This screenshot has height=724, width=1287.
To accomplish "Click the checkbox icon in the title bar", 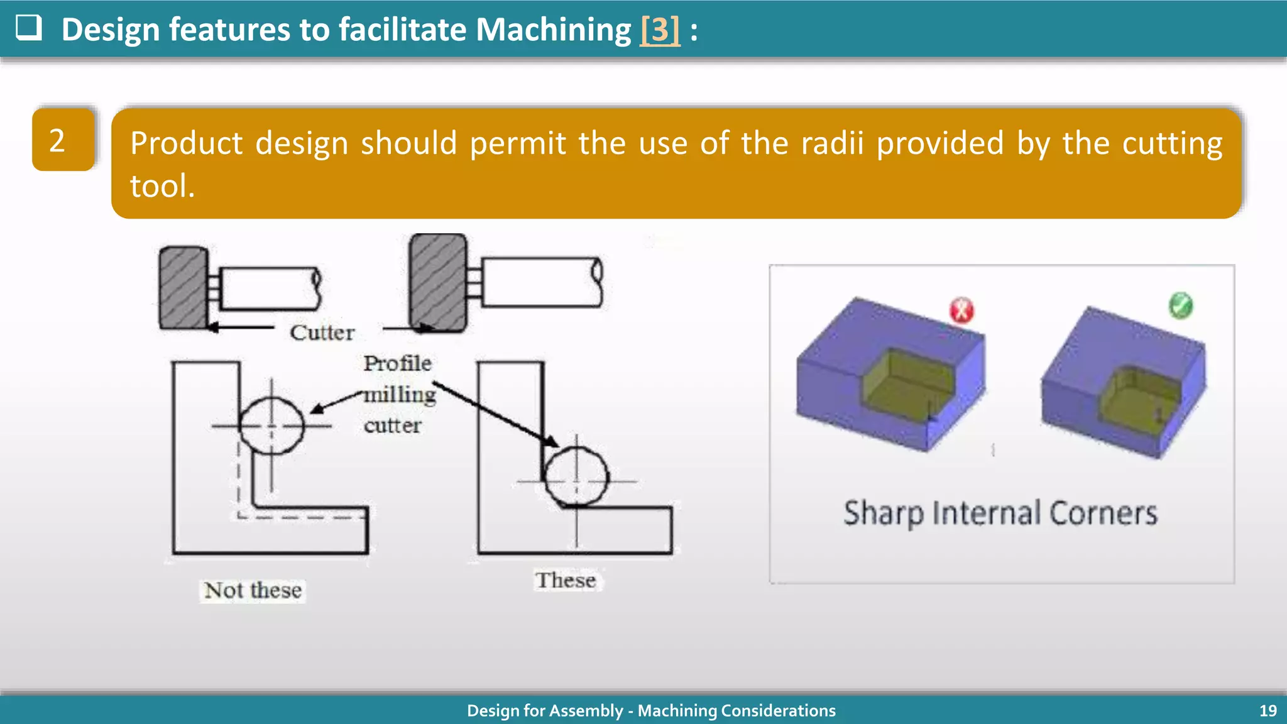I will (29, 28).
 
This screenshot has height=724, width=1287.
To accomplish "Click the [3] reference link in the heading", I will (659, 30).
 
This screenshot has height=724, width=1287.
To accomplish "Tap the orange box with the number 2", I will (63, 140).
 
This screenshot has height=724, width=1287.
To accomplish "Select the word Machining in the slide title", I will (553, 30).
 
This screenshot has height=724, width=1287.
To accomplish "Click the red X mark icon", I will (961, 310).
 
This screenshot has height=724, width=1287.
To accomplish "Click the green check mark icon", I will (1180, 305).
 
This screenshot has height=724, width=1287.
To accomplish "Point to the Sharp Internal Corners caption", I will (1000, 513).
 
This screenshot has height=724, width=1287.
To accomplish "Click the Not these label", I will (253, 590).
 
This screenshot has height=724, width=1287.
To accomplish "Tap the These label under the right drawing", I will (566, 580).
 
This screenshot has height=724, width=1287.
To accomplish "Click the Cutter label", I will (322, 332).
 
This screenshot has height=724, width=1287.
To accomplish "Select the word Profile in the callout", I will (397, 363).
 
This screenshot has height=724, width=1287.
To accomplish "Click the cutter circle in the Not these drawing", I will (271, 425).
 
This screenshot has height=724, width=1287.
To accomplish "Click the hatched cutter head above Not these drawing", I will (183, 288).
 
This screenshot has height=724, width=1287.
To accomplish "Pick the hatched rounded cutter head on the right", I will (438, 282).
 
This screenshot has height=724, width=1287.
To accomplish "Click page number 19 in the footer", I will (1268, 711).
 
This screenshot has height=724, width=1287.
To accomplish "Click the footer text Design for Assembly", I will (544, 711).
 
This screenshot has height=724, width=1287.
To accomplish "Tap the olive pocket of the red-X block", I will (909, 387).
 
